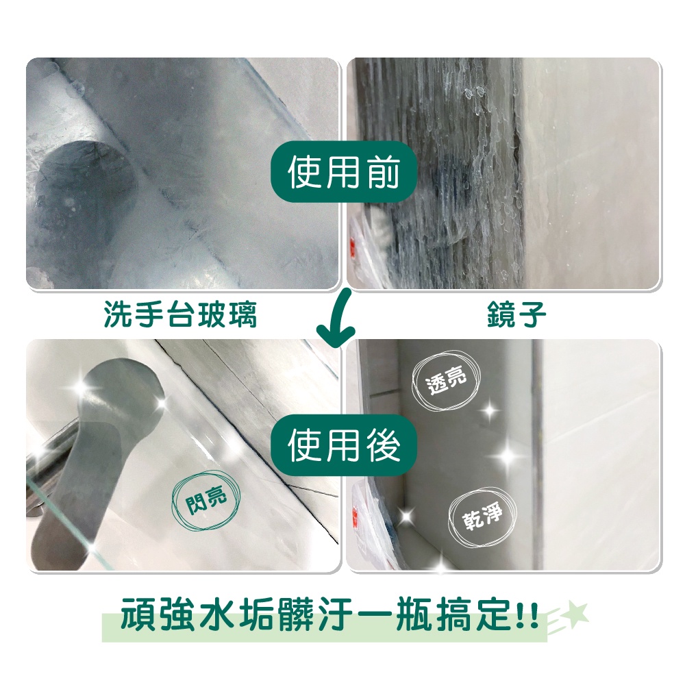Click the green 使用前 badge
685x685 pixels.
click(343, 171)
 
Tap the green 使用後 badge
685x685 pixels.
click(343, 445)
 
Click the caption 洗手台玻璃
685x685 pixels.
click(180, 314)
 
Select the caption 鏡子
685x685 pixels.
click(516, 314)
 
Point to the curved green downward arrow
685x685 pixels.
click(340, 319)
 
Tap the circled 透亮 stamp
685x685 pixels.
click(446, 380)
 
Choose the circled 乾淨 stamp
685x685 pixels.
click(482, 517)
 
